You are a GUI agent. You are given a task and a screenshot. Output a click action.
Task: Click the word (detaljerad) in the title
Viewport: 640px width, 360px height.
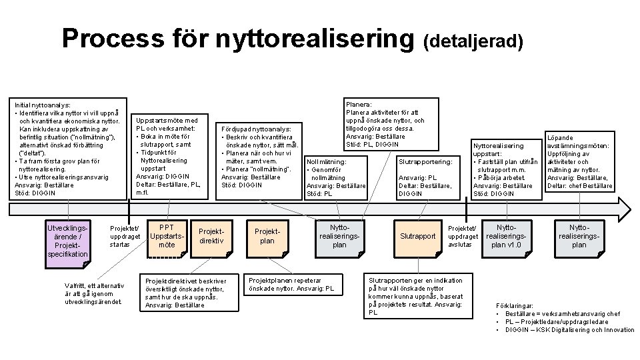click(x=473, y=41)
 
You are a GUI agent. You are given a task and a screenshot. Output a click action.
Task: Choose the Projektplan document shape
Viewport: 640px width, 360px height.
click(x=267, y=236)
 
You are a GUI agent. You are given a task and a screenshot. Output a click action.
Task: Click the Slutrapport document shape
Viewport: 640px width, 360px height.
click(x=418, y=236)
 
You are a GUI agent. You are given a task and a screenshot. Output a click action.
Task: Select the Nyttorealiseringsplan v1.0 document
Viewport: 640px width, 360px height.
click(x=507, y=236)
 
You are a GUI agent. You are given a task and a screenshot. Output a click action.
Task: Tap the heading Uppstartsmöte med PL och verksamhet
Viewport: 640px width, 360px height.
click(x=167, y=125)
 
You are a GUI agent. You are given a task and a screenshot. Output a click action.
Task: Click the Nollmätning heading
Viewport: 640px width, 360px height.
click(x=327, y=161)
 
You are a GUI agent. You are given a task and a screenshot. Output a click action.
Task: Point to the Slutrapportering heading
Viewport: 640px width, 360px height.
click(x=425, y=161)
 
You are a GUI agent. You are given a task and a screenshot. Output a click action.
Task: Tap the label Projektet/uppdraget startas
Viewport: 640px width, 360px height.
click(x=125, y=236)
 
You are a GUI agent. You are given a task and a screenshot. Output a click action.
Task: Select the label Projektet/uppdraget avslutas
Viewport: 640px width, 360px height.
click(x=463, y=236)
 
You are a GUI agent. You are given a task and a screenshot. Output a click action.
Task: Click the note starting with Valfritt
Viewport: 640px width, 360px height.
click(x=94, y=294)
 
